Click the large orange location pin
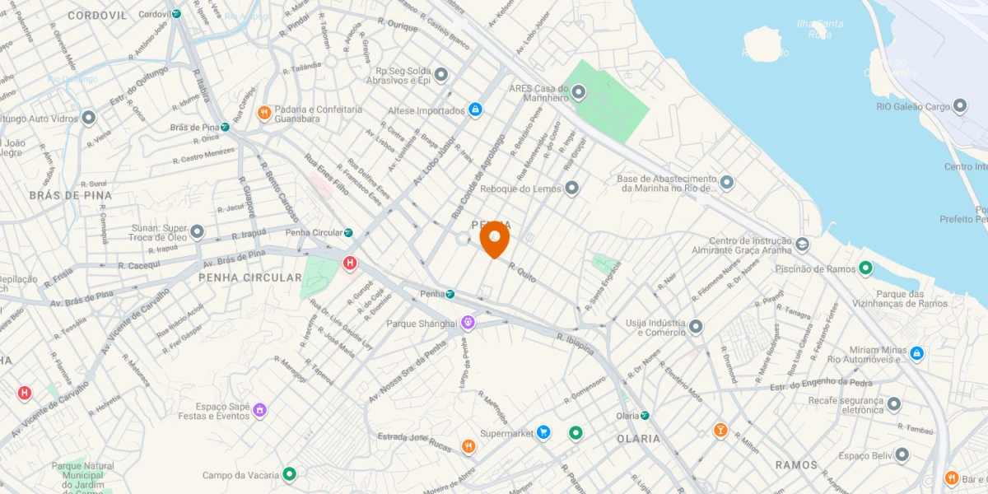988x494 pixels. [x=494, y=239]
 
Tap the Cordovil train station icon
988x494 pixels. [x=176, y=14]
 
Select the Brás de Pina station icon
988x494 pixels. [x=225, y=128]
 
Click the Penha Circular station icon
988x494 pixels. [x=348, y=233]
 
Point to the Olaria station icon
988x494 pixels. [x=645, y=416]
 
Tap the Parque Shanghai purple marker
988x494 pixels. [x=468, y=323]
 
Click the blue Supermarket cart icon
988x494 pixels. [x=543, y=432]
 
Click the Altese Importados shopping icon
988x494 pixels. [x=475, y=110]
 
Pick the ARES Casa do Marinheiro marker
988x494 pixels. [x=579, y=92]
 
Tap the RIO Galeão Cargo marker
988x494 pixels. [x=960, y=106]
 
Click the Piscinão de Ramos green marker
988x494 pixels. [x=865, y=268]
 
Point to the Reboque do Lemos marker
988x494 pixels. [x=572, y=189]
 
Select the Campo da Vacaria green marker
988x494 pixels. [x=289, y=474]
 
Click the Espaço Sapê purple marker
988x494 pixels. [x=259, y=409]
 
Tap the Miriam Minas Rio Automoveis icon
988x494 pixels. [x=916, y=353]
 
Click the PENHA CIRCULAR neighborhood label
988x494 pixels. [x=250, y=277]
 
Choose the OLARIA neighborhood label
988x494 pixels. [x=638, y=439]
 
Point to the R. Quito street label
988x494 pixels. [x=523, y=273]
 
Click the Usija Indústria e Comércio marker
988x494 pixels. [x=696, y=327]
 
